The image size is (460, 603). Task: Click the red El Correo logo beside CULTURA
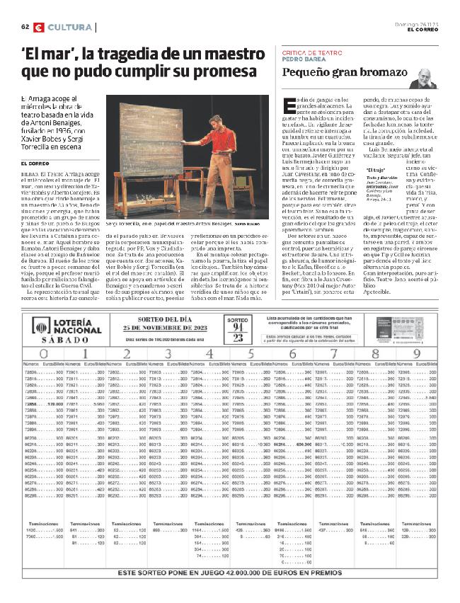[x=39, y=27]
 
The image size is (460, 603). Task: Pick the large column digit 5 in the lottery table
[x=252, y=353]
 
